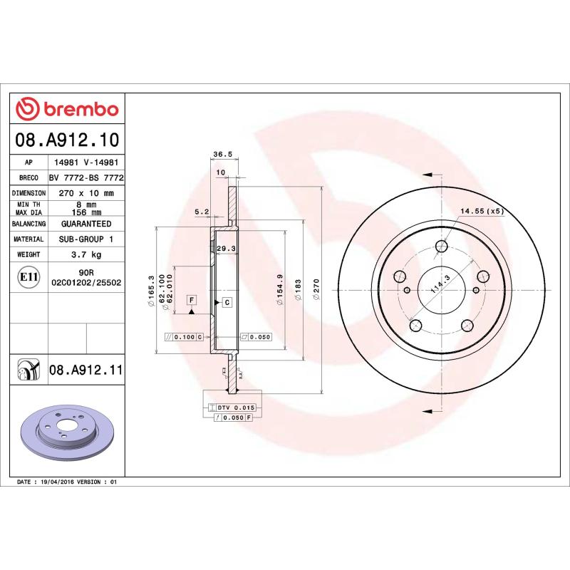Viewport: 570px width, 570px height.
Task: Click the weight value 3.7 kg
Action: pyautogui.click(x=87, y=254)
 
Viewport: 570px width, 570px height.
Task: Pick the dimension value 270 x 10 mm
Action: pyautogui.click(x=87, y=193)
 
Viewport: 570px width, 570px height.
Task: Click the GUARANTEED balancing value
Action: pyautogui.click(x=87, y=224)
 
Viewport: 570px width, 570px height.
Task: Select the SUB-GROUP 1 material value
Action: pyautogui.click(x=87, y=239)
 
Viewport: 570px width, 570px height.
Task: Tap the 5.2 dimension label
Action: pyautogui.click(x=201, y=211)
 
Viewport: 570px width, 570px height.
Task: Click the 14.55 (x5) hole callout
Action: pyautogui.click(x=482, y=211)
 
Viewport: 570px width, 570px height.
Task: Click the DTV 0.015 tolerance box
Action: pyautogui.click(x=236, y=406)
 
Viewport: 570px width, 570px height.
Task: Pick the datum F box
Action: pyautogui.click(x=192, y=300)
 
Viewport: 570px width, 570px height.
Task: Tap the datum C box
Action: pyautogui.click(x=227, y=302)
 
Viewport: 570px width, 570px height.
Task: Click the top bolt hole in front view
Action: pyautogui.click(x=440, y=248)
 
